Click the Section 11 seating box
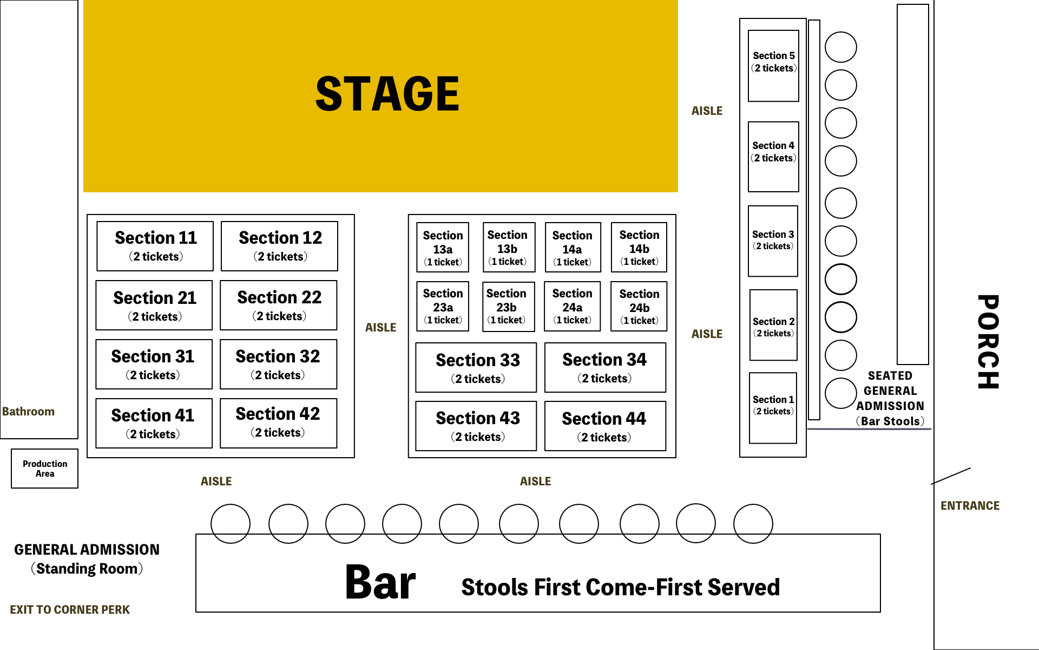coord(155,246)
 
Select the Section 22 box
coord(279,305)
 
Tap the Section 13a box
coord(443,248)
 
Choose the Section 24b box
coord(639,306)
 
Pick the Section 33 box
coord(476,367)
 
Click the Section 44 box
coord(605,426)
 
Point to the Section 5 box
coord(773,66)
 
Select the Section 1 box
coord(773,408)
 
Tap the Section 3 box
coord(773,241)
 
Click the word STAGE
coord(387,94)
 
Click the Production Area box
coord(45,469)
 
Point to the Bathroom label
coord(28,411)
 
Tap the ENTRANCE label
coord(970,505)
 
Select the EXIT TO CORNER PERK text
coord(70,609)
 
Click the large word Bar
coord(380,582)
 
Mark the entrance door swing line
coord(951,476)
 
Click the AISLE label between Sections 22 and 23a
coord(380,327)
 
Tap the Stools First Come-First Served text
coord(620,587)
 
